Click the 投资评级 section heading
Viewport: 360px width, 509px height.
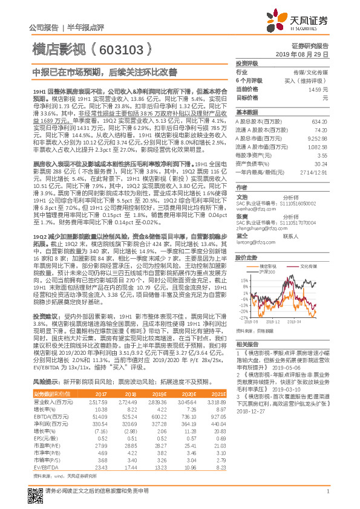pyautogui.click(x=247, y=63)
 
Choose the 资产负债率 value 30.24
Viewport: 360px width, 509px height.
pyautogui.click(x=321, y=163)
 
